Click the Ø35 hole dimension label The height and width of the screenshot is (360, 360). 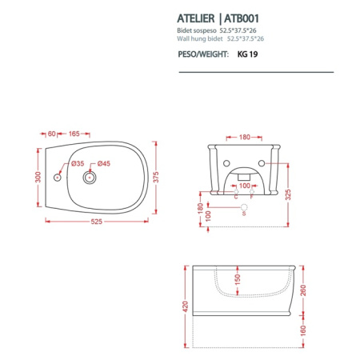[78, 163]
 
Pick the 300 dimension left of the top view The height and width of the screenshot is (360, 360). [37, 176]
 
